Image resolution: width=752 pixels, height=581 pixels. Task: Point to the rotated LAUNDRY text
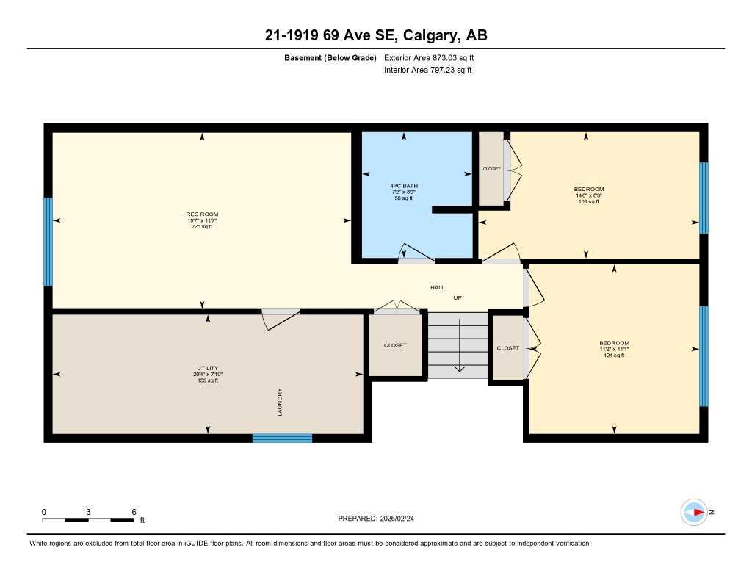pyautogui.click(x=280, y=403)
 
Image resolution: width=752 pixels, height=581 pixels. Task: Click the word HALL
pyautogui.click(x=438, y=288)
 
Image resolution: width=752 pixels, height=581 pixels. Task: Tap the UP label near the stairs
pyautogui.click(x=457, y=297)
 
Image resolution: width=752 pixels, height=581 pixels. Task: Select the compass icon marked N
pyautogui.click(x=694, y=512)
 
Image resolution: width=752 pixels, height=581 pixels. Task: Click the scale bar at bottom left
pyautogui.click(x=88, y=520)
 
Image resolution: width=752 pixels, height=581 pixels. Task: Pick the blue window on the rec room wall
pyautogui.click(x=48, y=242)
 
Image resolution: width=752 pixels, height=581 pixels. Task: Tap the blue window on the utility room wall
pyautogui.click(x=282, y=439)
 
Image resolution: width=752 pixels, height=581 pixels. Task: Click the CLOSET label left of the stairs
pyautogui.click(x=395, y=345)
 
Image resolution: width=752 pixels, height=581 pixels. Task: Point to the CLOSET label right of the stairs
pyautogui.click(x=507, y=348)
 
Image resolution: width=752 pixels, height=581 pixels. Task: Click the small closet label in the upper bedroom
pyautogui.click(x=491, y=169)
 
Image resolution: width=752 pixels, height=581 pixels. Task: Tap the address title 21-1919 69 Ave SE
pyautogui.click(x=376, y=35)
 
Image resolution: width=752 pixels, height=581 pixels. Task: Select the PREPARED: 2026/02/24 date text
pyautogui.click(x=380, y=519)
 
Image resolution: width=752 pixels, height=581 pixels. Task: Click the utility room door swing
pyautogui.click(x=281, y=316)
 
